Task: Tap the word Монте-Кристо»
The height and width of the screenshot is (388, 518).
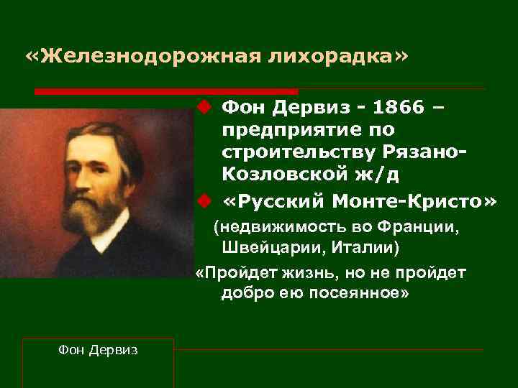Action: pos(417,202)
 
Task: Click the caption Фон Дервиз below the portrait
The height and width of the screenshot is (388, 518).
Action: pos(98,349)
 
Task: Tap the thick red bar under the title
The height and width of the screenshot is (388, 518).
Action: pos(166,92)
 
